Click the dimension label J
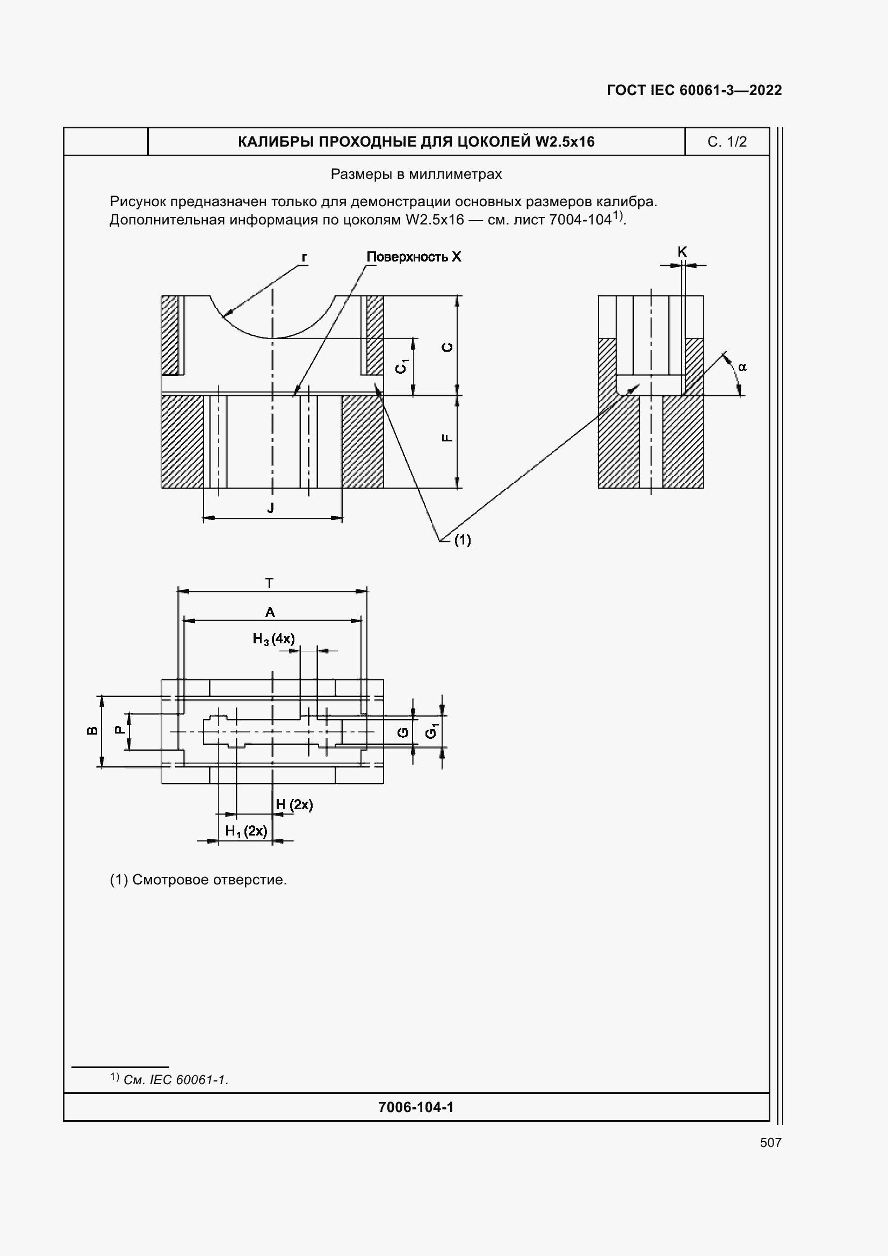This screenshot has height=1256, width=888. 270,508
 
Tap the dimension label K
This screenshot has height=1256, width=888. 682,252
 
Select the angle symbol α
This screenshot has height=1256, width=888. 742,367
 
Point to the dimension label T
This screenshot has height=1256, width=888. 269,584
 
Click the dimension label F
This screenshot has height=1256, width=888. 447,438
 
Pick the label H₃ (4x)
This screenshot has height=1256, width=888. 273,638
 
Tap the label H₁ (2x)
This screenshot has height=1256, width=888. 246,831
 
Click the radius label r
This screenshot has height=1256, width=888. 304,257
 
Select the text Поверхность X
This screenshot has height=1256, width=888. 414,257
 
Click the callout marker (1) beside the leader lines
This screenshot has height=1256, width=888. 463,540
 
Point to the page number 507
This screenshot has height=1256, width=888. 770,1142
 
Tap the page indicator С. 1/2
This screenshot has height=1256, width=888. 727,142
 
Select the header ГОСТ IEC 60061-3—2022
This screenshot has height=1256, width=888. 694,90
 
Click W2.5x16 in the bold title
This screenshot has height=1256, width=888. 565,142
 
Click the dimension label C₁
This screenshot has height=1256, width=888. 402,366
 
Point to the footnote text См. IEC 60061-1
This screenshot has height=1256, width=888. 176,1080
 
